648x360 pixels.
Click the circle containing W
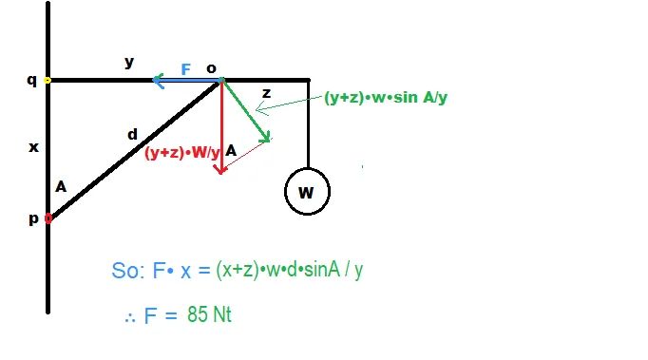(307, 168)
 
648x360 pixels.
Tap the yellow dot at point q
(48, 80)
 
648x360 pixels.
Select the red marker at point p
(48, 218)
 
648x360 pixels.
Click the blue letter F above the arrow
(186, 69)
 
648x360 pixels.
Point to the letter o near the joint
(211, 68)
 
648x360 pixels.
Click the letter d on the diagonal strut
(132, 134)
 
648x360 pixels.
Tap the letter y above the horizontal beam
(129, 63)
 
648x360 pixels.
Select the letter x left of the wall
(33, 147)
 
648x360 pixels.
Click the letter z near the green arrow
(267, 93)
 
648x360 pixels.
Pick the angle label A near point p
(61, 187)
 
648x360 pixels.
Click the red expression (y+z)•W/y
(182, 153)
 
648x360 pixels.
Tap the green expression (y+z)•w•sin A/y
(386, 98)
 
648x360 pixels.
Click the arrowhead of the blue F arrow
(154, 80)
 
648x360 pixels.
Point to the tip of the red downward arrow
(221, 173)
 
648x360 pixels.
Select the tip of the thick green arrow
(269, 141)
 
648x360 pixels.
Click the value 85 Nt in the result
(209, 314)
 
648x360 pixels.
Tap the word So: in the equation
(128, 271)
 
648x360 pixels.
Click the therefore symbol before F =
(130, 318)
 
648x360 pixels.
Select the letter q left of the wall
(31, 80)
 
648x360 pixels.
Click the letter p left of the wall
(34, 218)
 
